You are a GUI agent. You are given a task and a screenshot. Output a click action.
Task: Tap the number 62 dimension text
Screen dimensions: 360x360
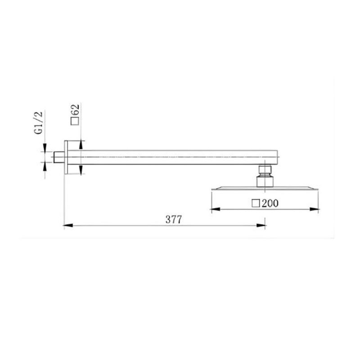75,110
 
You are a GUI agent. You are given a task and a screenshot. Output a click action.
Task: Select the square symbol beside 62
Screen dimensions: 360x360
75,121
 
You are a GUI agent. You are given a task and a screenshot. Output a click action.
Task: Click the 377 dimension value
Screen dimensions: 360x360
174,220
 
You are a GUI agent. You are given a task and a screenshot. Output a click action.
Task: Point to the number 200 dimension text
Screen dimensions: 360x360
270,203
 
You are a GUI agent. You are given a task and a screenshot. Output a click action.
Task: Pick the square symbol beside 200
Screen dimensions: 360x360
256,203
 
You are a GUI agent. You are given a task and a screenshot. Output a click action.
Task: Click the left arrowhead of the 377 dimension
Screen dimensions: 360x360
68,226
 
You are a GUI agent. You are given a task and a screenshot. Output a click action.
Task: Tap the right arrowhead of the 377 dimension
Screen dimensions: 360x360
261,226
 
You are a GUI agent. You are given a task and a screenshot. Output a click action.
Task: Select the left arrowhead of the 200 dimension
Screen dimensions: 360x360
216,209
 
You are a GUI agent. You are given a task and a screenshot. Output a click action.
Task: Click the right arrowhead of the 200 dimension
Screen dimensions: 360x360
314,209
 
